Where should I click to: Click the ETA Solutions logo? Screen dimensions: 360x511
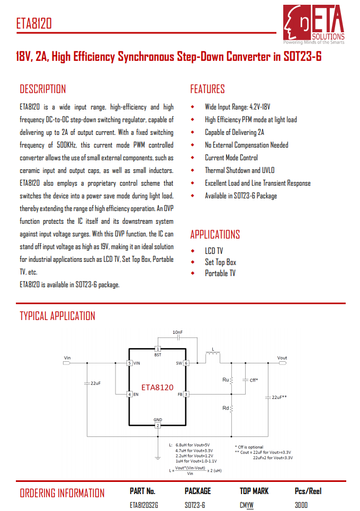click(313, 24)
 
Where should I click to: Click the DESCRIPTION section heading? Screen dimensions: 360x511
click(43, 89)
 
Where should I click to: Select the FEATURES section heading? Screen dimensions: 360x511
click(208, 89)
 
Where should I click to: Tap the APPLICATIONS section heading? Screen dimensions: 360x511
click(215, 234)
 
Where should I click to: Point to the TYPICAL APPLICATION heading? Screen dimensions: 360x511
click(57, 316)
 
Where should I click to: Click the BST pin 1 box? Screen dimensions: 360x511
click(157, 349)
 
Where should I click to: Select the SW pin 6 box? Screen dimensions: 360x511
click(186, 363)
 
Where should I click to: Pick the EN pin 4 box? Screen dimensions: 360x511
click(129, 394)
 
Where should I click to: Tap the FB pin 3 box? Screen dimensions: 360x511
click(186, 394)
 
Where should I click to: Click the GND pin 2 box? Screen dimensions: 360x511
click(157, 425)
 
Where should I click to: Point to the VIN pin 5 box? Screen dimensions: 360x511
click(129, 363)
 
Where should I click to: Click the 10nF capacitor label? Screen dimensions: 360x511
click(178, 332)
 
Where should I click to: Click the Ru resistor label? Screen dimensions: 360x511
click(226, 380)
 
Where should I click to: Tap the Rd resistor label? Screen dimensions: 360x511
click(226, 408)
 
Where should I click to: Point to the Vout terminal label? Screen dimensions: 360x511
click(282, 358)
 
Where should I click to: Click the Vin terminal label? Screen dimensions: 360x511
click(67, 358)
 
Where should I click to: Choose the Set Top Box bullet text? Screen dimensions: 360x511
click(220, 262)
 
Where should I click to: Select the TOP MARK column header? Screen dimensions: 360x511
click(254, 491)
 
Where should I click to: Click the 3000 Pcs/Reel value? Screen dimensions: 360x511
click(301, 505)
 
